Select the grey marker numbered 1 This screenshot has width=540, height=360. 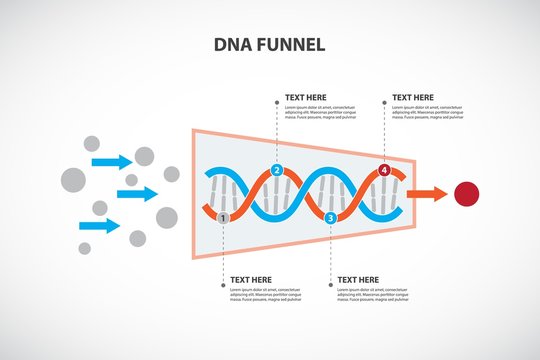pyautogui.click(x=224, y=216)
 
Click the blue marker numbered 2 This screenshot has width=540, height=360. pyautogui.click(x=277, y=170)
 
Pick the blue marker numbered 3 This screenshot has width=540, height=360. pyautogui.click(x=331, y=217)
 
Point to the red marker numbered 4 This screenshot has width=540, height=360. pyautogui.click(x=385, y=171)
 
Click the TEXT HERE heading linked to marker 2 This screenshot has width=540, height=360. pyautogui.click(x=306, y=97)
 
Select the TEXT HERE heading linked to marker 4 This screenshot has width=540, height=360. pyautogui.click(x=413, y=97)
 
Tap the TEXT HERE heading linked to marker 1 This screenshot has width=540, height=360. pyautogui.click(x=252, y=279)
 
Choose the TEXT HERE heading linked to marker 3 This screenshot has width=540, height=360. pyautogui.click(x=359, y=279)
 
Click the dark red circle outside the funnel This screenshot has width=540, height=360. pyautogui.click(x=467, y=194)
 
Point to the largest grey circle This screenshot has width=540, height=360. pyautogui.click(x=73, y=180)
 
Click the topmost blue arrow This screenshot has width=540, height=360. pyautogui.click(x=111, y=161)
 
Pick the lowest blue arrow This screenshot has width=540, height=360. pyautogui.click(x=99, y=225)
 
